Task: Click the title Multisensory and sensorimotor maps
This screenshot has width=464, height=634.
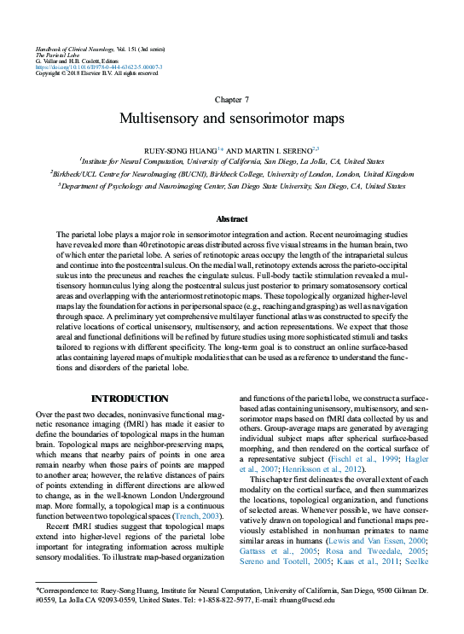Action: (232, 119)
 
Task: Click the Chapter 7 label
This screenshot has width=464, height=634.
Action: (232, 100)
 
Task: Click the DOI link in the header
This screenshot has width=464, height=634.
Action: (98, 67)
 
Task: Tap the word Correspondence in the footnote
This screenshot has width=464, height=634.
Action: (62, 589)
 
